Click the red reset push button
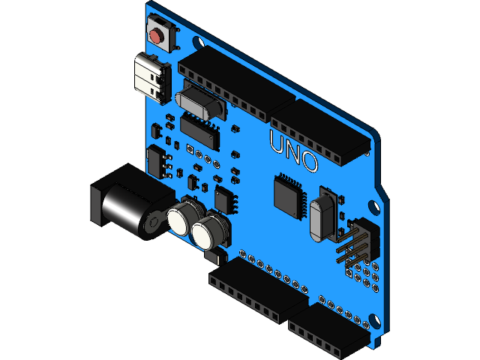click(157, 35)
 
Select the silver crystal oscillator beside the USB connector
click(199, 103)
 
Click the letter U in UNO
click(277, 142)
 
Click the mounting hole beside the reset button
click(197, 43)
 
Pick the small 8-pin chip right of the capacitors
click(224, 199)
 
